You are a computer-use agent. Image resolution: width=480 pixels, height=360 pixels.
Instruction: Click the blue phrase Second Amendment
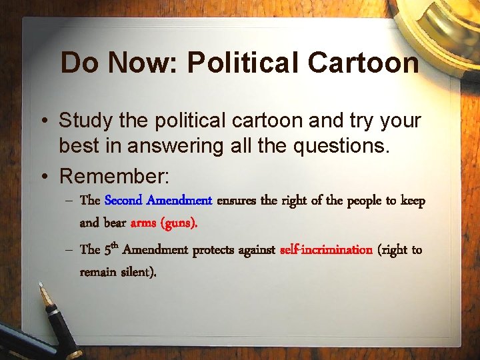[x=158, y=200]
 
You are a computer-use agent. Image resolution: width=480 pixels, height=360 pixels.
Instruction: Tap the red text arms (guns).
[x=163, y=223]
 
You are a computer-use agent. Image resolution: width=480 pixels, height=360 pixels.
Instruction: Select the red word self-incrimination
[x=326, y=250]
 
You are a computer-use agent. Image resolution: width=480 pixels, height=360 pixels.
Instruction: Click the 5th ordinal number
[x=111, y=249]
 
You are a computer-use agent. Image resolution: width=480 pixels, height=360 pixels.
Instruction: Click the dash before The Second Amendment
[x=69, y=201]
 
